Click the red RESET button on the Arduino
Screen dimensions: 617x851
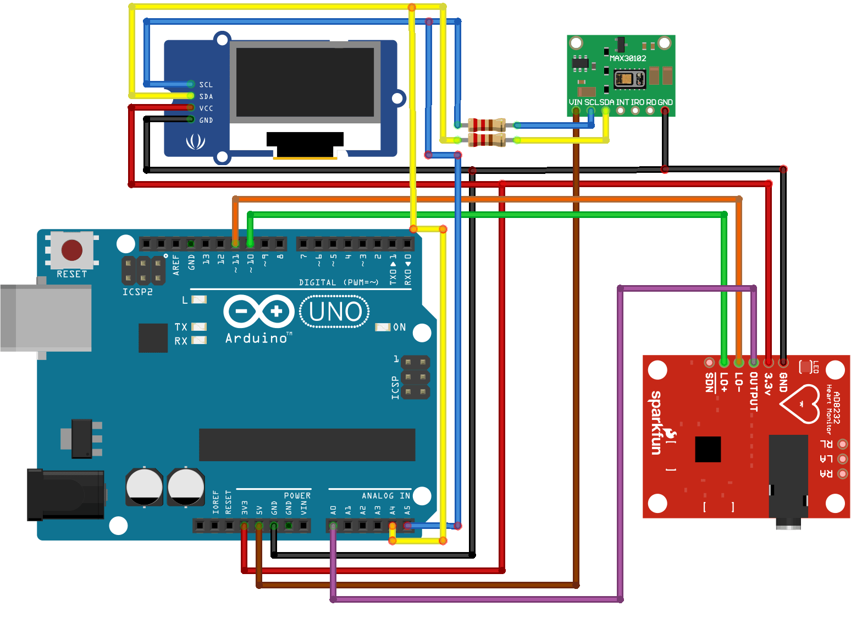[x=72, y=250]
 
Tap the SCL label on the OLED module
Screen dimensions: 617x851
[x=206, y=85]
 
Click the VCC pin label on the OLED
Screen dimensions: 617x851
[x=206, y=108]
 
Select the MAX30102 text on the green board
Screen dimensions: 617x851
[x=628, y=58]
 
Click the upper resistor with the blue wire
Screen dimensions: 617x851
[x=486, y=125]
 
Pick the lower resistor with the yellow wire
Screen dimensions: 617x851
[x=486, y=140]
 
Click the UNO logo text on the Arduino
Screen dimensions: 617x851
[x=335, y=312]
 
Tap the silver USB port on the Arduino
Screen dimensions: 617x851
[x=46, y=318]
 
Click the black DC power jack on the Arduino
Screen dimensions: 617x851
[x=65, y=494]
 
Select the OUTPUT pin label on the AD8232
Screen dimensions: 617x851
[x=754, y=392]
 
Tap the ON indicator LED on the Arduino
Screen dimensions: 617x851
[x=383, y=327]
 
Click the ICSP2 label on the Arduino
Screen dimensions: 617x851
[x=137, y=292]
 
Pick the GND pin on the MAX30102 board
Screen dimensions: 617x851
[x=665, y=111]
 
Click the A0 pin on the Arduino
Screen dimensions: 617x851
[x=333, y=526]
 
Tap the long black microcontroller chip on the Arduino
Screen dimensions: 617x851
[x=307, y=445]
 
